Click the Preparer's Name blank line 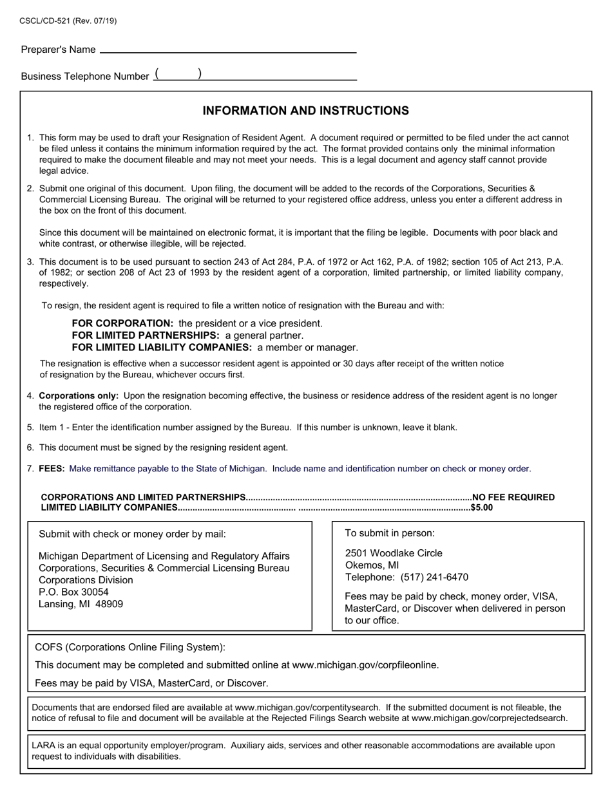228,51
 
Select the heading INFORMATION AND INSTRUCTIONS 305,111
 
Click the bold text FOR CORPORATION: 122,323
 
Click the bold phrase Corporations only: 79,396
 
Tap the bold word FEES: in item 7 52,469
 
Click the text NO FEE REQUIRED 513,497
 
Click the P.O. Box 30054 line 73,592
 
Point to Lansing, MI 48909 81,604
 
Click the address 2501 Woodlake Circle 394,553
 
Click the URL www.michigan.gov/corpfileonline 365,665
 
